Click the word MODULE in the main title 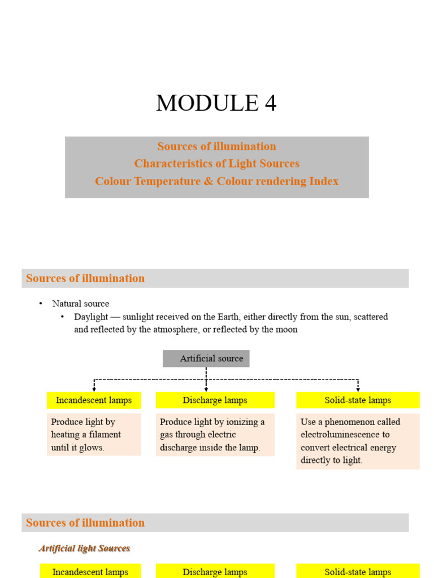click(x=199, y=103)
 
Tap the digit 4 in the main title click(x=269, y=103)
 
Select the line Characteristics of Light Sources click(x=216, y=164)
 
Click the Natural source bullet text click(x=80, y=304)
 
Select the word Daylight click(x=92, y=317)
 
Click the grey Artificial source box click(x=206, y=358)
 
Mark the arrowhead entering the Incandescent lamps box click(x=94, y=389)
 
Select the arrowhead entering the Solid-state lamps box click(x=358, y=389)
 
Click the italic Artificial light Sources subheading click(x=84, y=548)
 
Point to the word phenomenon click(x=350, y=422)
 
